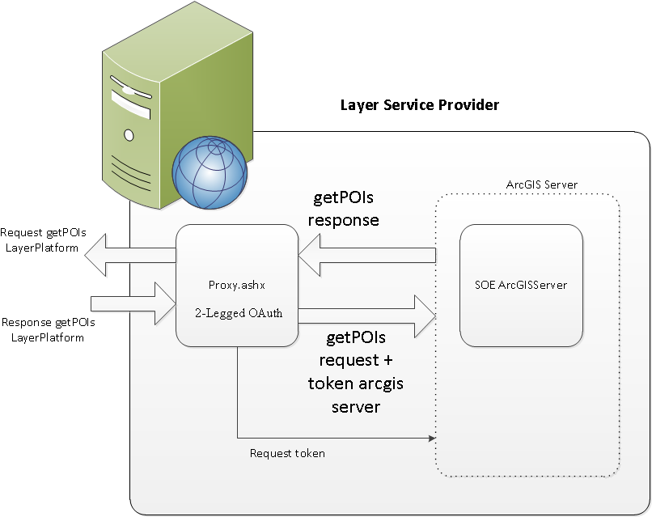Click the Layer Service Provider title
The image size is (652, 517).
(419, 105)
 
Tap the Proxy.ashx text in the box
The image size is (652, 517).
(237, 285)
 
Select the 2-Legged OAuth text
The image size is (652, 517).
(237, 313)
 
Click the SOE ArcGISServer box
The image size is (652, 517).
(521, 284)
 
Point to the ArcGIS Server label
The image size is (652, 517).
(541, 184)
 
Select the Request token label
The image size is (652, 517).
(287, 453)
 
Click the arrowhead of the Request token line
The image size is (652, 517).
(430, 438)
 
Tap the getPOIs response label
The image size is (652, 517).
(345, 209)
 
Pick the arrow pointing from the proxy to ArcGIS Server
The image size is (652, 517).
(368, 316)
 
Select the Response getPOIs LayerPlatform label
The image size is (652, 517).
(48, 329)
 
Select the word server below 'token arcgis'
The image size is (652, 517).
(356, 406)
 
